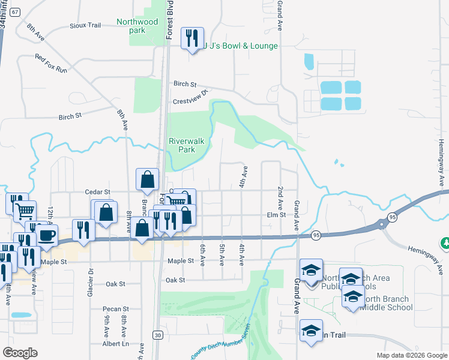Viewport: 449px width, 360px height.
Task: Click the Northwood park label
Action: coord(138,26)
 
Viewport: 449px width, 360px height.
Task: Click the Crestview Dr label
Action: coord(193,98)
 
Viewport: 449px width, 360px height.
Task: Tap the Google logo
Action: coord(20,353)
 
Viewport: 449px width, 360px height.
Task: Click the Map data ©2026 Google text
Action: coord(412,355)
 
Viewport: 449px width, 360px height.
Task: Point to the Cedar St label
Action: coord(99,192)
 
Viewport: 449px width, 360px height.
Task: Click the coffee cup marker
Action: coord(46,234)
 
